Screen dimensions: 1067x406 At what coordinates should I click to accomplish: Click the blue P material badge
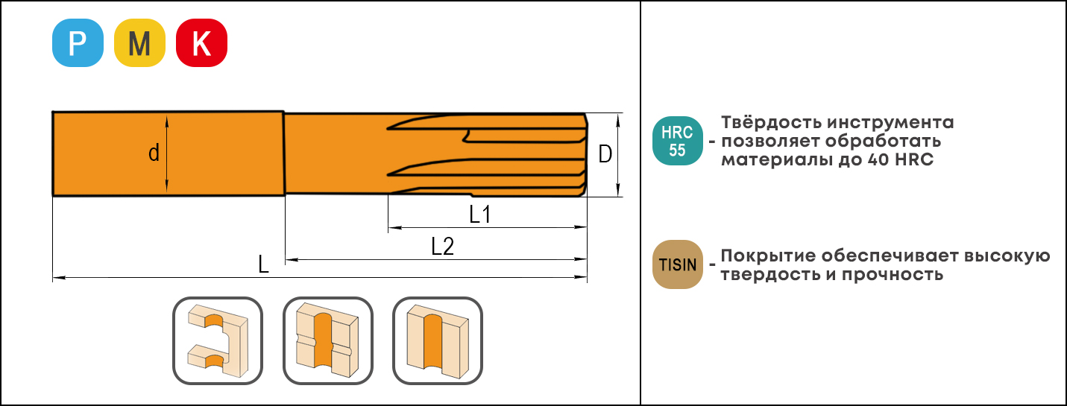click(x=78, y=43)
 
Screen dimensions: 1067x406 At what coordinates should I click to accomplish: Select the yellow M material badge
click(x=139, y=43)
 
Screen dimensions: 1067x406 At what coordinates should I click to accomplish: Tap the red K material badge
click(x=201, y=43)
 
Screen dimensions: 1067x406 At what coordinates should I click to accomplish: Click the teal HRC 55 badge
click(x=677, y=141)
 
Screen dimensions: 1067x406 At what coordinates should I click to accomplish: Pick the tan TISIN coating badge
click(x=677, y=264)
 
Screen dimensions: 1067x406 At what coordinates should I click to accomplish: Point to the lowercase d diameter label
click(x=154, y=153)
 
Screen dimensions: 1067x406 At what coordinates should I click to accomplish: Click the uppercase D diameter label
click(x=605, y=154)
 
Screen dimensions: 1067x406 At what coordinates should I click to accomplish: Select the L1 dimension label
click(x=480, y=215)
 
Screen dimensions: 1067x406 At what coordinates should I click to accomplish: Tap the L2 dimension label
click(x=442, y=247)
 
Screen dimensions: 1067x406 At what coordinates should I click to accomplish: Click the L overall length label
click(x=263, y=264)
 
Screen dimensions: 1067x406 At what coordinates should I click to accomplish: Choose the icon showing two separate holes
click(x=218, y=340)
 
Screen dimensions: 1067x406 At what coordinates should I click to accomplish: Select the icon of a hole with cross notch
click(x=328, y=340)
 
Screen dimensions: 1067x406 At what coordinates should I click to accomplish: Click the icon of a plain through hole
click(x=437, y=340)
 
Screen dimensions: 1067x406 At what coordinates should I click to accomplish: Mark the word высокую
click(x=1007, y=256)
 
